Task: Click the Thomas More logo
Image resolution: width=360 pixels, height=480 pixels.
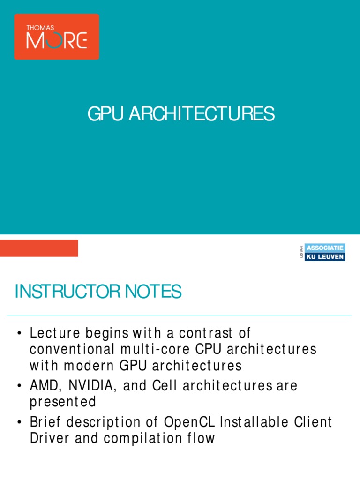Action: [x=56, y=37]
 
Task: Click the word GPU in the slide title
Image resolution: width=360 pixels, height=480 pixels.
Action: [x=101, y=114]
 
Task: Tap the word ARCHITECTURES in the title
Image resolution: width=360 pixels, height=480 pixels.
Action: [x=196, y=114]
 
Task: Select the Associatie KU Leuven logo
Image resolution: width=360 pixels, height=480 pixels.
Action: [x=324, y=252]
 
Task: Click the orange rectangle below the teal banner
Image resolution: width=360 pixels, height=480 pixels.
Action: [x=39, y=248]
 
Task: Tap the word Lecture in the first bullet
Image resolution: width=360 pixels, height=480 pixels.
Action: [x=54, y=333]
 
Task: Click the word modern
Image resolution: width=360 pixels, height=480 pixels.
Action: [x=84, y=365]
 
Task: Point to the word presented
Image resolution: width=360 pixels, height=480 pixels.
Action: [x=63, y=402]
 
